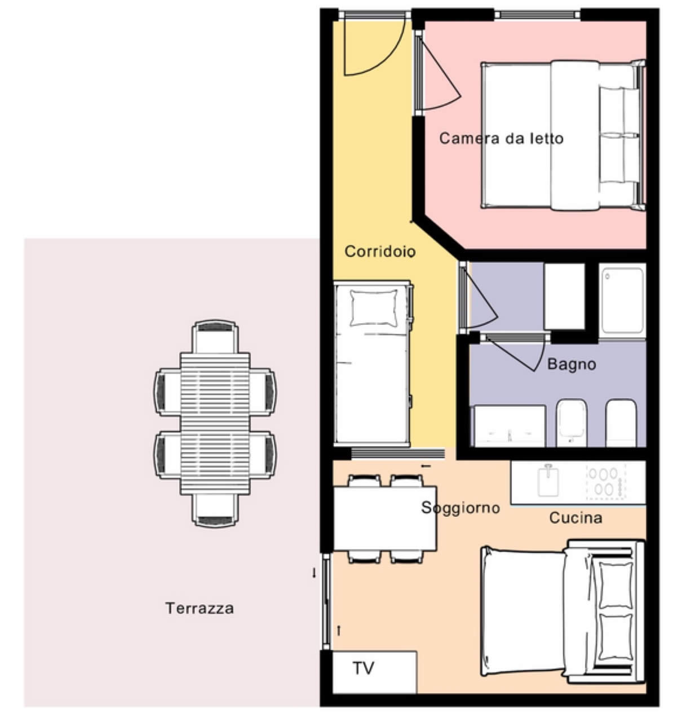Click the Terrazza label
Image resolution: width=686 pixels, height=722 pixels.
click(x=200, y=608)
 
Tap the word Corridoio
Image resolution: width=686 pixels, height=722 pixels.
click(x=380, y=252)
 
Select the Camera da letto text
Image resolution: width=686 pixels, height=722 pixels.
click(x=501, y=138)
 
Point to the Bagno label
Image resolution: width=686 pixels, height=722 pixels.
click(x=572, y=364)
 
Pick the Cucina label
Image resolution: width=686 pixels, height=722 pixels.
click(x=576, y=518)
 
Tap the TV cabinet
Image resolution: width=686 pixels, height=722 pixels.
click(x=374, y=672)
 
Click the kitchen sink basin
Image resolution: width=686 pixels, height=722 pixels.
click(x=548, y=481)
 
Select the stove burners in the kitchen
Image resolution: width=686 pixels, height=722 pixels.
click(x=606, y=482)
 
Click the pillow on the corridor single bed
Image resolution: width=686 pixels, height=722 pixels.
click(x=374, y=308)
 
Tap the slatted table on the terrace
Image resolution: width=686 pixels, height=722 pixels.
click(x=215, y=424)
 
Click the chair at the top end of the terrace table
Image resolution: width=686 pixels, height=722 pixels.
click(x=215, y=337)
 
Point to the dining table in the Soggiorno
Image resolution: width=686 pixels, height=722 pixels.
click(x=384, y=518)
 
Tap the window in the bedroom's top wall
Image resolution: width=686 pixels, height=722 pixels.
click(x=537, y=15)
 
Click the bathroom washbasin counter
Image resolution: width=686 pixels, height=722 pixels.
click(x=508, y=426)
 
